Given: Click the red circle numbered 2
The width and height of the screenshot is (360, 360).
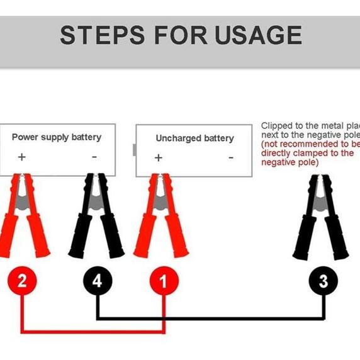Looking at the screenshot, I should tap(22, 281).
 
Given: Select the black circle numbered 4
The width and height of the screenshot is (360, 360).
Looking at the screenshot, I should tap(97, 281).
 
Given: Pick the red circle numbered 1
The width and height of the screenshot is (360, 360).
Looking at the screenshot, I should tap(164, 281).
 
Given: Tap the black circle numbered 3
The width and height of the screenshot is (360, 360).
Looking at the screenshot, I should tap(323, 281).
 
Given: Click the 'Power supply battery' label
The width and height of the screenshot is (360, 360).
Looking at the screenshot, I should tap(57, 137).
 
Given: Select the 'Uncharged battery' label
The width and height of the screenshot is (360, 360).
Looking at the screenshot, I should tap(194, 138).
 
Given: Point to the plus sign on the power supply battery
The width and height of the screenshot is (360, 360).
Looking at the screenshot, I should tap(22, 157).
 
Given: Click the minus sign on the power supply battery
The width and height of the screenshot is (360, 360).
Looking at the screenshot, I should tap(94, 157).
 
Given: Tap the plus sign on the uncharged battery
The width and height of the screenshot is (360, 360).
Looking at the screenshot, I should tap(158, 157).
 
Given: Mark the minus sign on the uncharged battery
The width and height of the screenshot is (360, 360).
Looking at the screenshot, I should tap(231, 157).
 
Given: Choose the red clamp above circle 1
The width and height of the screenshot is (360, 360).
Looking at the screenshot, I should tap(161, 217).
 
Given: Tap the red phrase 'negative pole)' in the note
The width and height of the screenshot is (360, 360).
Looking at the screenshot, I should tap(290, 162).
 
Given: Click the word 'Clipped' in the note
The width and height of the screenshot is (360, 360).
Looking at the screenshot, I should tap(277, 126).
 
